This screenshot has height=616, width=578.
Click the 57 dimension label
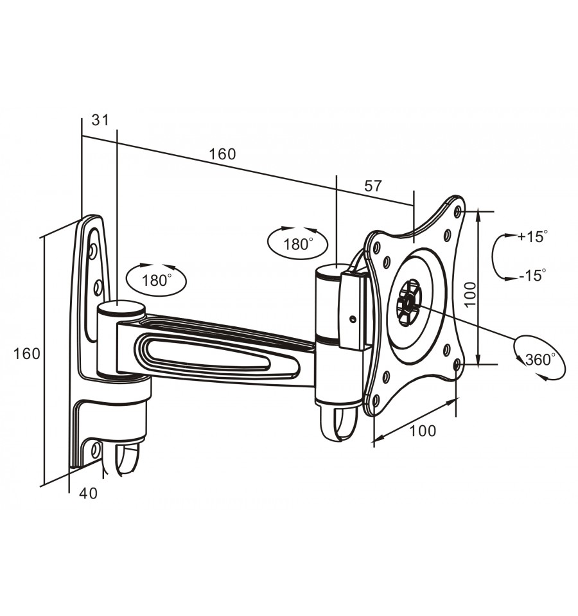tap(372, 186)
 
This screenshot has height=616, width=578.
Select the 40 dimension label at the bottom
tap(88, 493)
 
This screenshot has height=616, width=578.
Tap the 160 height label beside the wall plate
tap(27, 354)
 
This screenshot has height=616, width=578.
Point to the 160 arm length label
tap(222, 154)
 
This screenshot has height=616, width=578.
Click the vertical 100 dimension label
tap(471, 294)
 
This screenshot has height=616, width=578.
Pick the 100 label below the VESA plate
tap(423, 431)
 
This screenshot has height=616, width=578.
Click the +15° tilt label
tap(532, 236)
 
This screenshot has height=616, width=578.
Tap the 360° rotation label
tap(540, 359)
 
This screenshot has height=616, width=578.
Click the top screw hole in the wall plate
tap(94, 251)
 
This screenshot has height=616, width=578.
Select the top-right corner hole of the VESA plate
tap(457, 212)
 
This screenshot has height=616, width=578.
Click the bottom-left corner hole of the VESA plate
tap(376, 401)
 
